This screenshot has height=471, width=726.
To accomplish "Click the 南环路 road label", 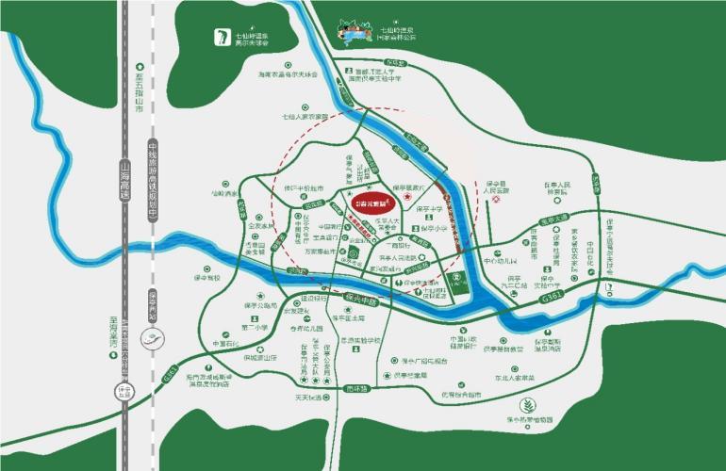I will coord(355,387).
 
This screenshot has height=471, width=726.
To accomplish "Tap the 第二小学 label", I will coord(256,328).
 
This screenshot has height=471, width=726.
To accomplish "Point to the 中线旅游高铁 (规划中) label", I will coord(152,186).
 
